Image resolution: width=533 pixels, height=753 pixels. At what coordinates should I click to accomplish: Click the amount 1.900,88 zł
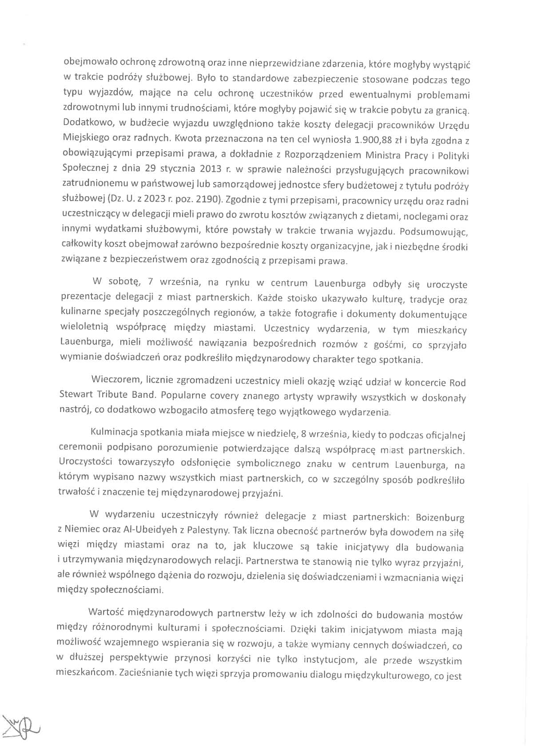pyautogui.click(x=378, y=140)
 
